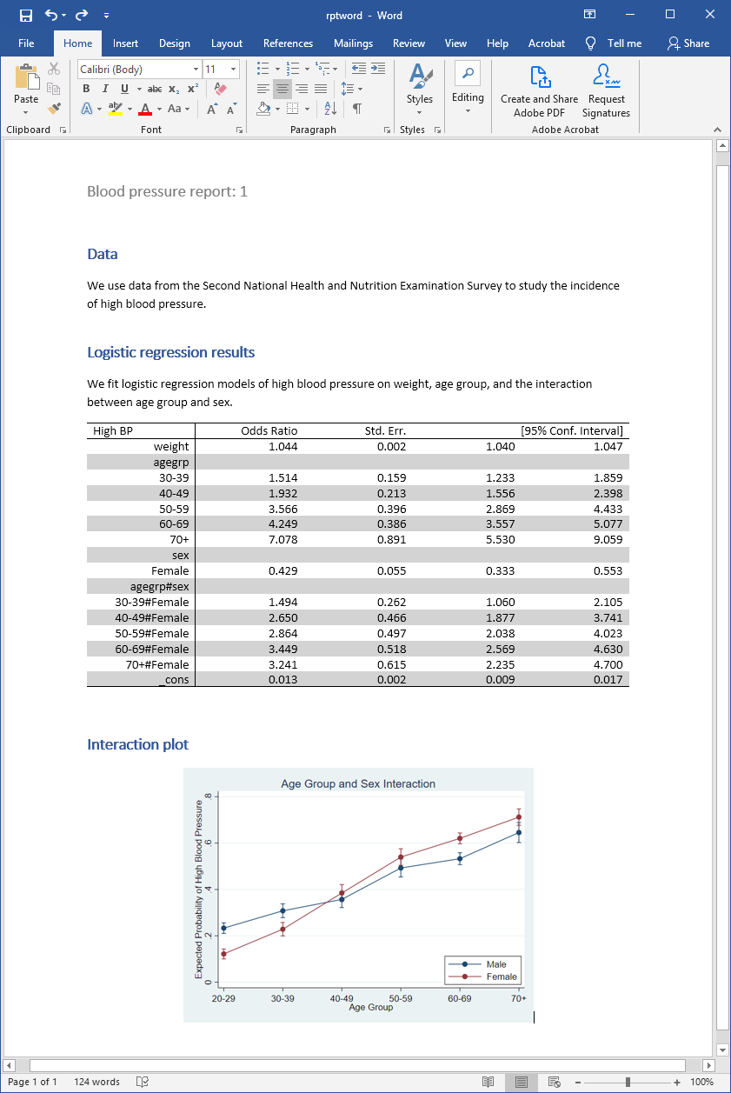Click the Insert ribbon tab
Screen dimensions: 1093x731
coord(125,43)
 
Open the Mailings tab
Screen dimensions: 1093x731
coord(353,43)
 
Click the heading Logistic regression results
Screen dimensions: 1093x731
coord(170,352)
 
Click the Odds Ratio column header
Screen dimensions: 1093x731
coord(269,430)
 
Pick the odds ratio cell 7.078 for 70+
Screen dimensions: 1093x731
coord(283,539)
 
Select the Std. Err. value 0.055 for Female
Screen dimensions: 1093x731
coord(391,570)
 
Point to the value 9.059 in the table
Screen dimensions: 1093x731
coord(608,539)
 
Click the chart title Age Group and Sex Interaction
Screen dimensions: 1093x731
coord(358,783)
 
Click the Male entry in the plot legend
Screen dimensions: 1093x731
coord(496,964)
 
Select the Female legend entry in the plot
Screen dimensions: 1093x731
coord(501,976)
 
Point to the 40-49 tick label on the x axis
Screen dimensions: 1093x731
coord(342,999)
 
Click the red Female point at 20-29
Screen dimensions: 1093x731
coord(224,954)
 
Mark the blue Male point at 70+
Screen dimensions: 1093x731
coord(519,833)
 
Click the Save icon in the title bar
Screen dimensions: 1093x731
coord(25,15)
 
